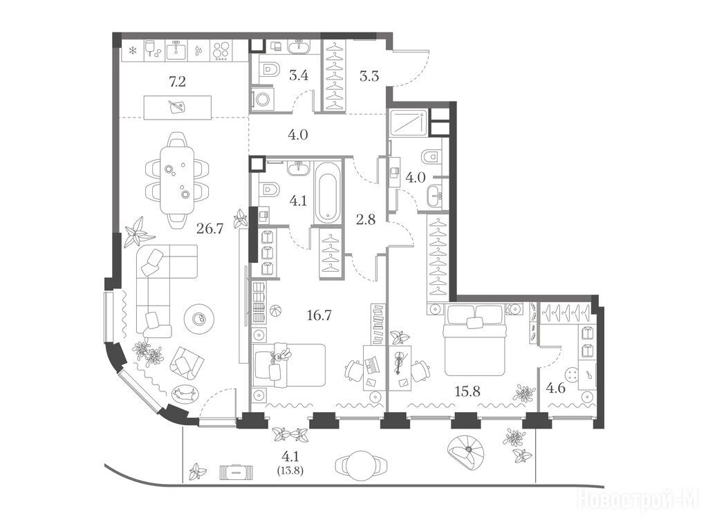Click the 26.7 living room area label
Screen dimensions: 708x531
tap(210, 230)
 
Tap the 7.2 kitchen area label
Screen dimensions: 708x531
tap(178, 82)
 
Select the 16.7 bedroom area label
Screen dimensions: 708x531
tap(319, 315)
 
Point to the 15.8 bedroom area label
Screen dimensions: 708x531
tap(467, 391)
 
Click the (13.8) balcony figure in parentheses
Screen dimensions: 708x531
tap(290, 470)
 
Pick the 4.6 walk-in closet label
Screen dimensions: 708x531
tap(556, 387)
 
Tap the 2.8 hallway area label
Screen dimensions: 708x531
tap(365, 220)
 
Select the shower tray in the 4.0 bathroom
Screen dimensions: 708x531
tap(408, 122)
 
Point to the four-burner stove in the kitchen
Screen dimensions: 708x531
tap(221, 51)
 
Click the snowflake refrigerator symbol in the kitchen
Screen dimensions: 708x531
tap(133, 50)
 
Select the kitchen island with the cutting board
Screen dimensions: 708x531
tap(178, 107)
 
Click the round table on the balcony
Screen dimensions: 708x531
tap(360, 465)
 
